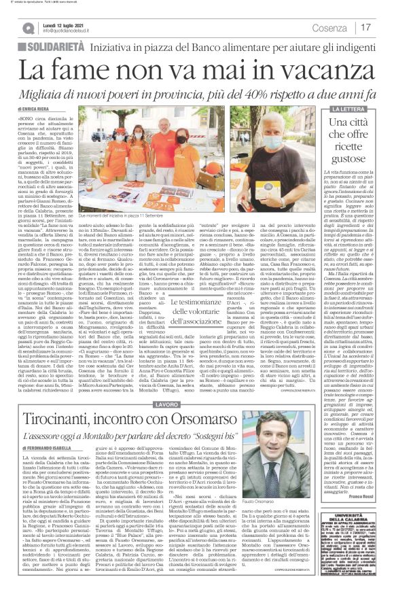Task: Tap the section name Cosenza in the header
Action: coord(332,27)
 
